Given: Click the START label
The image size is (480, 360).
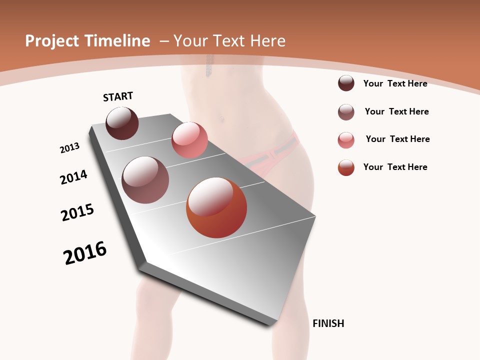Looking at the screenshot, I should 118,96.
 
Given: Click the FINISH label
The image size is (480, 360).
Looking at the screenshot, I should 328,323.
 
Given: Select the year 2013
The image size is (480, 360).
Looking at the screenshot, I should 69,148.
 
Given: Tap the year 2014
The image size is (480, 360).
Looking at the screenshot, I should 73,177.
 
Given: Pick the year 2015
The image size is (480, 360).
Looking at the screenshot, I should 77,212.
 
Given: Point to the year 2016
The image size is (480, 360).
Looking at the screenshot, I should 85,253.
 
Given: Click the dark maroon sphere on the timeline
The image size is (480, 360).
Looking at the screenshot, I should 122,123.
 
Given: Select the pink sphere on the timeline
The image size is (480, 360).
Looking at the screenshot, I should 189,140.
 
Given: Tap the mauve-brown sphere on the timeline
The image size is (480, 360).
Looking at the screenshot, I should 145,180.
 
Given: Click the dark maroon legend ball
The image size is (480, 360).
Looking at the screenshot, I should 346,83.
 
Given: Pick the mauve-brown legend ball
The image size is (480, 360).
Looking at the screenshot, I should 346,112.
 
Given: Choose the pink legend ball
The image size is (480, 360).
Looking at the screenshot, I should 346,140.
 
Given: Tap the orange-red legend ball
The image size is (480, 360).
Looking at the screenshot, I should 346,167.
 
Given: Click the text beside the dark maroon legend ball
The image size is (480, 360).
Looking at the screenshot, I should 395,83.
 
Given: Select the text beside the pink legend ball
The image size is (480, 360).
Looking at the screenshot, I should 397,139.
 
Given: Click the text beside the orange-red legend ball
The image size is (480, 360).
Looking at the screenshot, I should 395,167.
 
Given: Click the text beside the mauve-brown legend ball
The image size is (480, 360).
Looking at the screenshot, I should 396,111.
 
